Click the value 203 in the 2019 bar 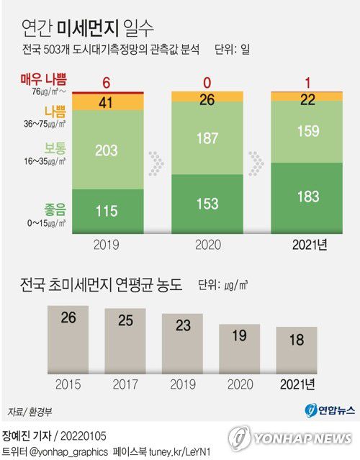(x=106, y=150)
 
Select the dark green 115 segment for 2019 (x=106, y=211)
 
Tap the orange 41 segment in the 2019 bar (x=106, y=102)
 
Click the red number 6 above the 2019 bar (x=106, y=82)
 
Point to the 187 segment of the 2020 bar (x=207, y=138)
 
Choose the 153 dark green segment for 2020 (x=207, y=204)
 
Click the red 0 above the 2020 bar (x=207, y=82)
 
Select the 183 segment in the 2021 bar (x=307, y=197)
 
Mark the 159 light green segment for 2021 (x=307, y=132)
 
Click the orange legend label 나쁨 (x=55, y=112)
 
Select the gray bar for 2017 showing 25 (x=125, y=343)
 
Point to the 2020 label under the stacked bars (x=207, y=244)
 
